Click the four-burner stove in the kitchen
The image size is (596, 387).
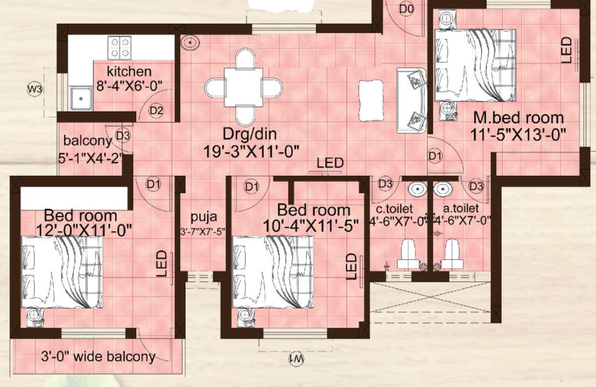(x=120, y=47)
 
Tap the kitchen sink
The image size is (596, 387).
(x=81, y=98)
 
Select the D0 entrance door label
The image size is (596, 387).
(x=407, y=9)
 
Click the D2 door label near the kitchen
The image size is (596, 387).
(x=156, y=110)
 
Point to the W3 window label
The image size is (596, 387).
(x=34, y=90)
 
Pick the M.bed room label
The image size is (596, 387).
(x=518, y=118)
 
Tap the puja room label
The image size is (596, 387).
(x=203, y=217)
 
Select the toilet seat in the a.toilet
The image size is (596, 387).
(x=452, y=254)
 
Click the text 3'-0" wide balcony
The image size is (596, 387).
(x=98, y=357)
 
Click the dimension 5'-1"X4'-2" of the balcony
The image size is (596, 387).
(x=91, y=158)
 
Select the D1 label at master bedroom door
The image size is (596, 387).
(x=435, y=156)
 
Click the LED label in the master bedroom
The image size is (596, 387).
(x=566, y=50)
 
